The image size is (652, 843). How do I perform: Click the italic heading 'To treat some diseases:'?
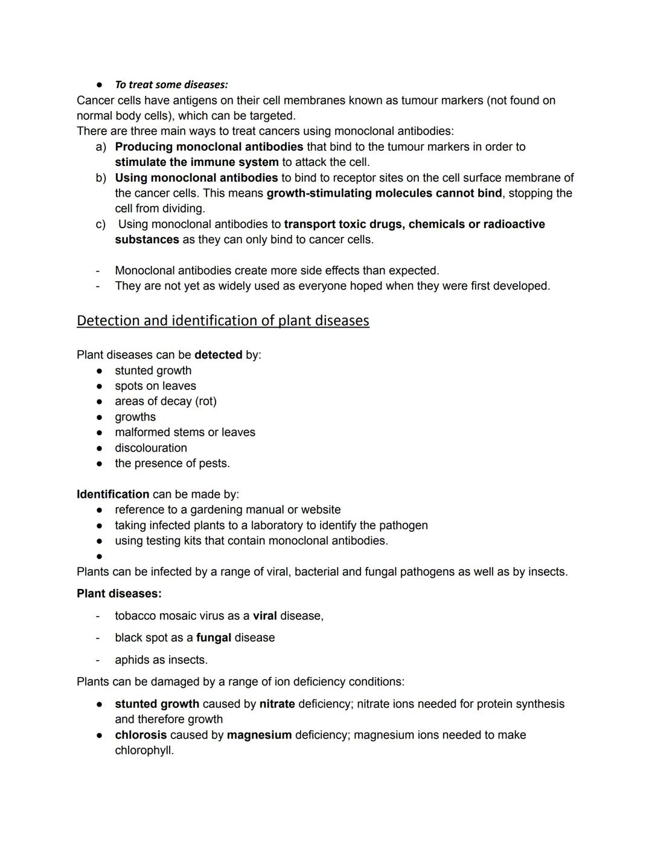[171, 84]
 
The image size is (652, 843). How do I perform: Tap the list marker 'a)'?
[101, 147]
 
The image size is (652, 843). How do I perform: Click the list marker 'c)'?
[101, 224]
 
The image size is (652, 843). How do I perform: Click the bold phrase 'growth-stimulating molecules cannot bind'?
[384, 193]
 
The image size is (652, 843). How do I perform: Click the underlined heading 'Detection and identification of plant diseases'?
[223, 320]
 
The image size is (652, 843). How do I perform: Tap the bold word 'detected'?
[218, 355]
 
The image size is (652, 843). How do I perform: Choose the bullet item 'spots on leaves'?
[155, 386]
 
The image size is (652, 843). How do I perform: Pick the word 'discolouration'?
[151, 448]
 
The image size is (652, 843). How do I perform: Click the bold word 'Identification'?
[113, 494]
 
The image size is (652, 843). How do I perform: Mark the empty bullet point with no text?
[99, 556]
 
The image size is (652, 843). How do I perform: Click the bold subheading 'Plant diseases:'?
[119, 593]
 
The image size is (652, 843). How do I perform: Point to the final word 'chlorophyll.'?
[144, 751]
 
